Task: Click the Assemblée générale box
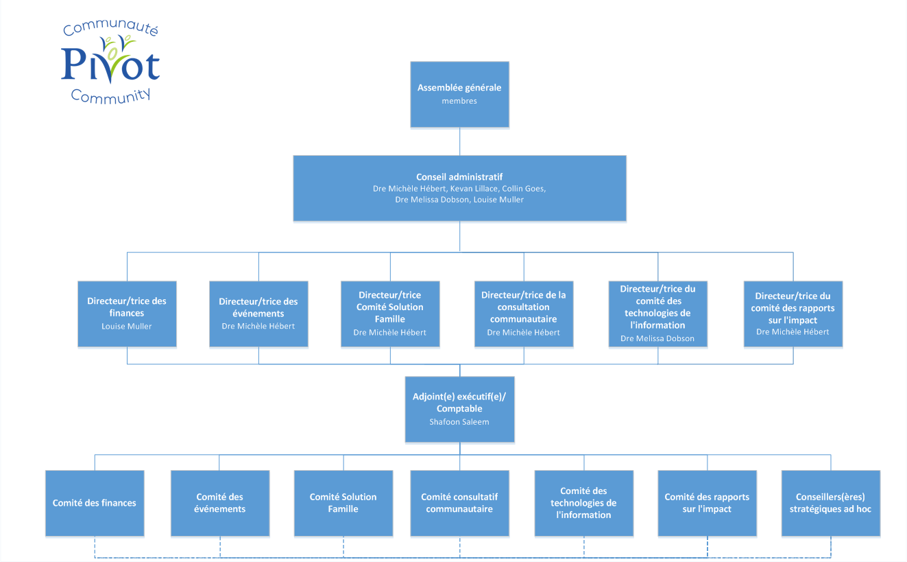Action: click(459, 94)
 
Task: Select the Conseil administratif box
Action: click(459, 188)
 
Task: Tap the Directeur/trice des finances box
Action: click(127, 313)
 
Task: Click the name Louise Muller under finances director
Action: click(127, 326)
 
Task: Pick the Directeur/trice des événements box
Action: click(258, 313)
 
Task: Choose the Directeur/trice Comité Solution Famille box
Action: click(390, 313)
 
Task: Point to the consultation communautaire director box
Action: click(524, 313)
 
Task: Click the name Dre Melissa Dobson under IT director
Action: click(657, 338)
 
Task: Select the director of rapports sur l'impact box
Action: click(793, 313)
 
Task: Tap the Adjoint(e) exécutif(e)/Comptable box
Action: click(459, 409)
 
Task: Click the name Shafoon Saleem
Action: click(459, 422)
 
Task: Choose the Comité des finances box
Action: click(95, 503)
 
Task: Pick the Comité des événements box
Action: click(220, 503)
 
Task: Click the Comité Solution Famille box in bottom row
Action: click(343, 503)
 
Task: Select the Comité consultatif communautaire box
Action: click(459, 503)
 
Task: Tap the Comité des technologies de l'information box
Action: click(584, 503)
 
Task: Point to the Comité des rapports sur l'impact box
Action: click(707, 503)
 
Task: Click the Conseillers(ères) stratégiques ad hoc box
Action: click(830, 503)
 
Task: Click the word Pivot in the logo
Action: click(110, 65)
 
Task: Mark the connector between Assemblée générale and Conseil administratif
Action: click(459, 141)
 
